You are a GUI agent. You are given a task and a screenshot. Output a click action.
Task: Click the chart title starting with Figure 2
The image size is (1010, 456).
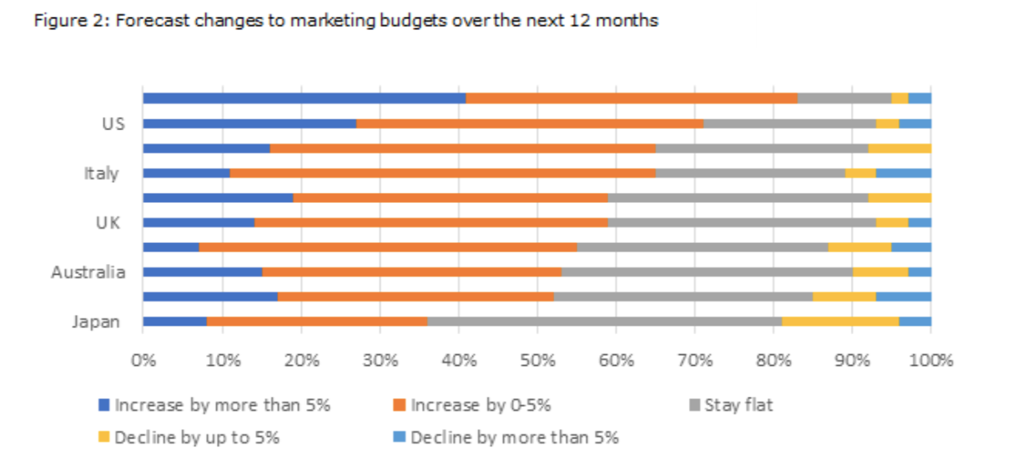(345, 21)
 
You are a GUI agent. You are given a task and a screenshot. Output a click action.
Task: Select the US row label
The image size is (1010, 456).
(108, 124)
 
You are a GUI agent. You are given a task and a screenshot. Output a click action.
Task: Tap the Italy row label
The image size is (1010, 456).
(101, 174)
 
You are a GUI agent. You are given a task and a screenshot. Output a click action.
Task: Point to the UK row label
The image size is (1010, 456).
(108, 223)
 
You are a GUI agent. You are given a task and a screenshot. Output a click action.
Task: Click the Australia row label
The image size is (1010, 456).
(88, 272)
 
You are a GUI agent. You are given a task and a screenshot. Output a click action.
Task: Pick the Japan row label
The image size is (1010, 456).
(95, 322)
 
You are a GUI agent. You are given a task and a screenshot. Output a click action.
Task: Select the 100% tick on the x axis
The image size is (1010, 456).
(931, 361)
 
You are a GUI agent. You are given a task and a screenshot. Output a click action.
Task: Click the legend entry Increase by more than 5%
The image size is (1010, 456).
(222, 406)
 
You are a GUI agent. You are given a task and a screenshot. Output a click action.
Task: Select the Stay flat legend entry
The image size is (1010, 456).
(738, 406)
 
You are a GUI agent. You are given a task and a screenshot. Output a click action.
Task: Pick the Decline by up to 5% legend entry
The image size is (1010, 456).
(198, 437)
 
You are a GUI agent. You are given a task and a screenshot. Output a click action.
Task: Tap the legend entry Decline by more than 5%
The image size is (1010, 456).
(514, 437)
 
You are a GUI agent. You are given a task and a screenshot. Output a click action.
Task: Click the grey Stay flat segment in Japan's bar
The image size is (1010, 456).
(604, 322)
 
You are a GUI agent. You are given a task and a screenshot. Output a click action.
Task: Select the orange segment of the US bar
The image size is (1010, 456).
(530, 124)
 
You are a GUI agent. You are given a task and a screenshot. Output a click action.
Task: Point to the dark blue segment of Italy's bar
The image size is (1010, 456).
(186, 174)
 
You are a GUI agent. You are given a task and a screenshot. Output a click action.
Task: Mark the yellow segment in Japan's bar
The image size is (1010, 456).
(841, 322)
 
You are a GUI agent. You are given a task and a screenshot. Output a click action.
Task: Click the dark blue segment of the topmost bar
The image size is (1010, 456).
(304, 99)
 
